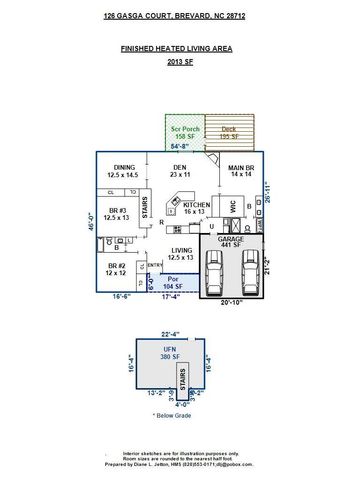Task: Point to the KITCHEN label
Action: [197, 207]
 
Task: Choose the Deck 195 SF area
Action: [228, 132]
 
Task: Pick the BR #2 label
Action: [117, 268]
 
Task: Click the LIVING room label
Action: [181, 253]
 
